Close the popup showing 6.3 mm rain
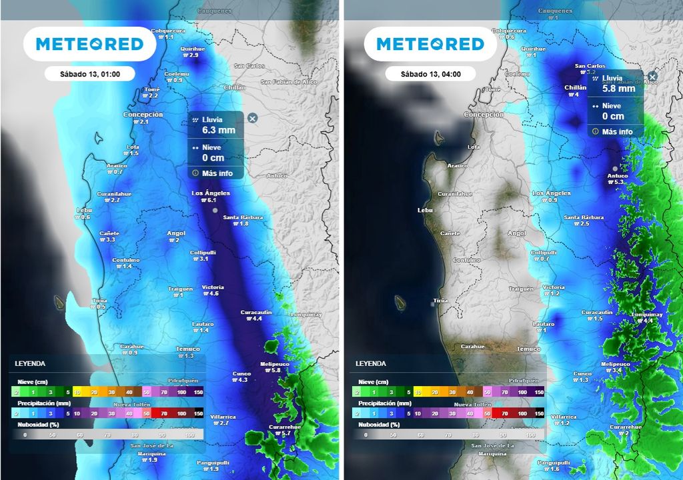pos(252,118)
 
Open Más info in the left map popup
pos(217,173)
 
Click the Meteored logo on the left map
pos(89,44)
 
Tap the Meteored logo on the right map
pos(430,44)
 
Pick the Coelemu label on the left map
pos(177,73)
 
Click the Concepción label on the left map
pos(143,115)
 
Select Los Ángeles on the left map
pos(211,193)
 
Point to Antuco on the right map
pos(618,176)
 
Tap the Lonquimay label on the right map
pos(645,313)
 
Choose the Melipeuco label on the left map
pos(274,363)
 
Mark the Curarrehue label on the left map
pos(277,427)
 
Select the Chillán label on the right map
pos(576,87)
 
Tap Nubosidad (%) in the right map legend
pos(377,424)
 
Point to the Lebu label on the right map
pos(425,210)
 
